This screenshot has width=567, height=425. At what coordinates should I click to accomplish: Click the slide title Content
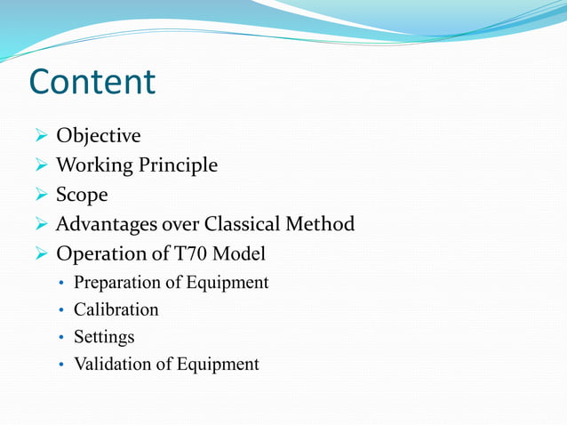(92, 82)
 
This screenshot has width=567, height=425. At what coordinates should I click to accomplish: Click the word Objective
(98, 136)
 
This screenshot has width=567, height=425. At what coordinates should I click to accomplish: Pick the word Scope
(83, 195)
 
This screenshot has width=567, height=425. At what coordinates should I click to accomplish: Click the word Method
(323, 224)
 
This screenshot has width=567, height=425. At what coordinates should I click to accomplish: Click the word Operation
(99, 253)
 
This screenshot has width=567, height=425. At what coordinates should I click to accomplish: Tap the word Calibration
(116, 310)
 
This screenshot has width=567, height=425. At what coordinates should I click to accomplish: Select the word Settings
(104, 338)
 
